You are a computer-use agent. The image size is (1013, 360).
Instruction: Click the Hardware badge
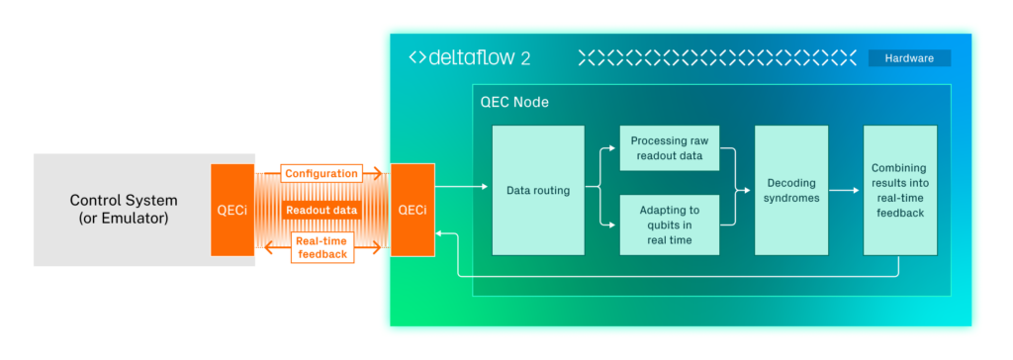909,57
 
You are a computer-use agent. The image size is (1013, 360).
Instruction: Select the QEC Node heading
514,102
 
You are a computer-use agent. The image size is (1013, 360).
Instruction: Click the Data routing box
538,190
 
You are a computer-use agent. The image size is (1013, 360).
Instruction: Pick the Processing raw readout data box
670,148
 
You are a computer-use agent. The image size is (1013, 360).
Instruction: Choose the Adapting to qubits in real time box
670,225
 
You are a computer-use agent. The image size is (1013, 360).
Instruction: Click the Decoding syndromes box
791,190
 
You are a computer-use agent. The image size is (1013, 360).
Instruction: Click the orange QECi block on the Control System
231,210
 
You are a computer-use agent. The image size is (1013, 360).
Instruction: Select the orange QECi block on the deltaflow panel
413,210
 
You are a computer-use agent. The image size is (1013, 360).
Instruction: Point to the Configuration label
322,174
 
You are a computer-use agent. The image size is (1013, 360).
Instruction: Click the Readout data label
322,211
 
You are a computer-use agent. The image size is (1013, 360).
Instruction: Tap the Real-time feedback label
322,247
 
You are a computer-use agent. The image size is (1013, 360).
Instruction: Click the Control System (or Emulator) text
123,210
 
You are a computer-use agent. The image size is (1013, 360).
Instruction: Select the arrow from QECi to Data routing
461,188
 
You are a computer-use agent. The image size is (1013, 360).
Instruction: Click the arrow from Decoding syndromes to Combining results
846,191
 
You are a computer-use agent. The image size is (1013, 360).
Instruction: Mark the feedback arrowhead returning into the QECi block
439,233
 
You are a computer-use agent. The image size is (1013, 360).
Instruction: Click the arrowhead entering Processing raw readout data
615,148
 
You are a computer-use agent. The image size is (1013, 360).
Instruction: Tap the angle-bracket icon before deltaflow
416,57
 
